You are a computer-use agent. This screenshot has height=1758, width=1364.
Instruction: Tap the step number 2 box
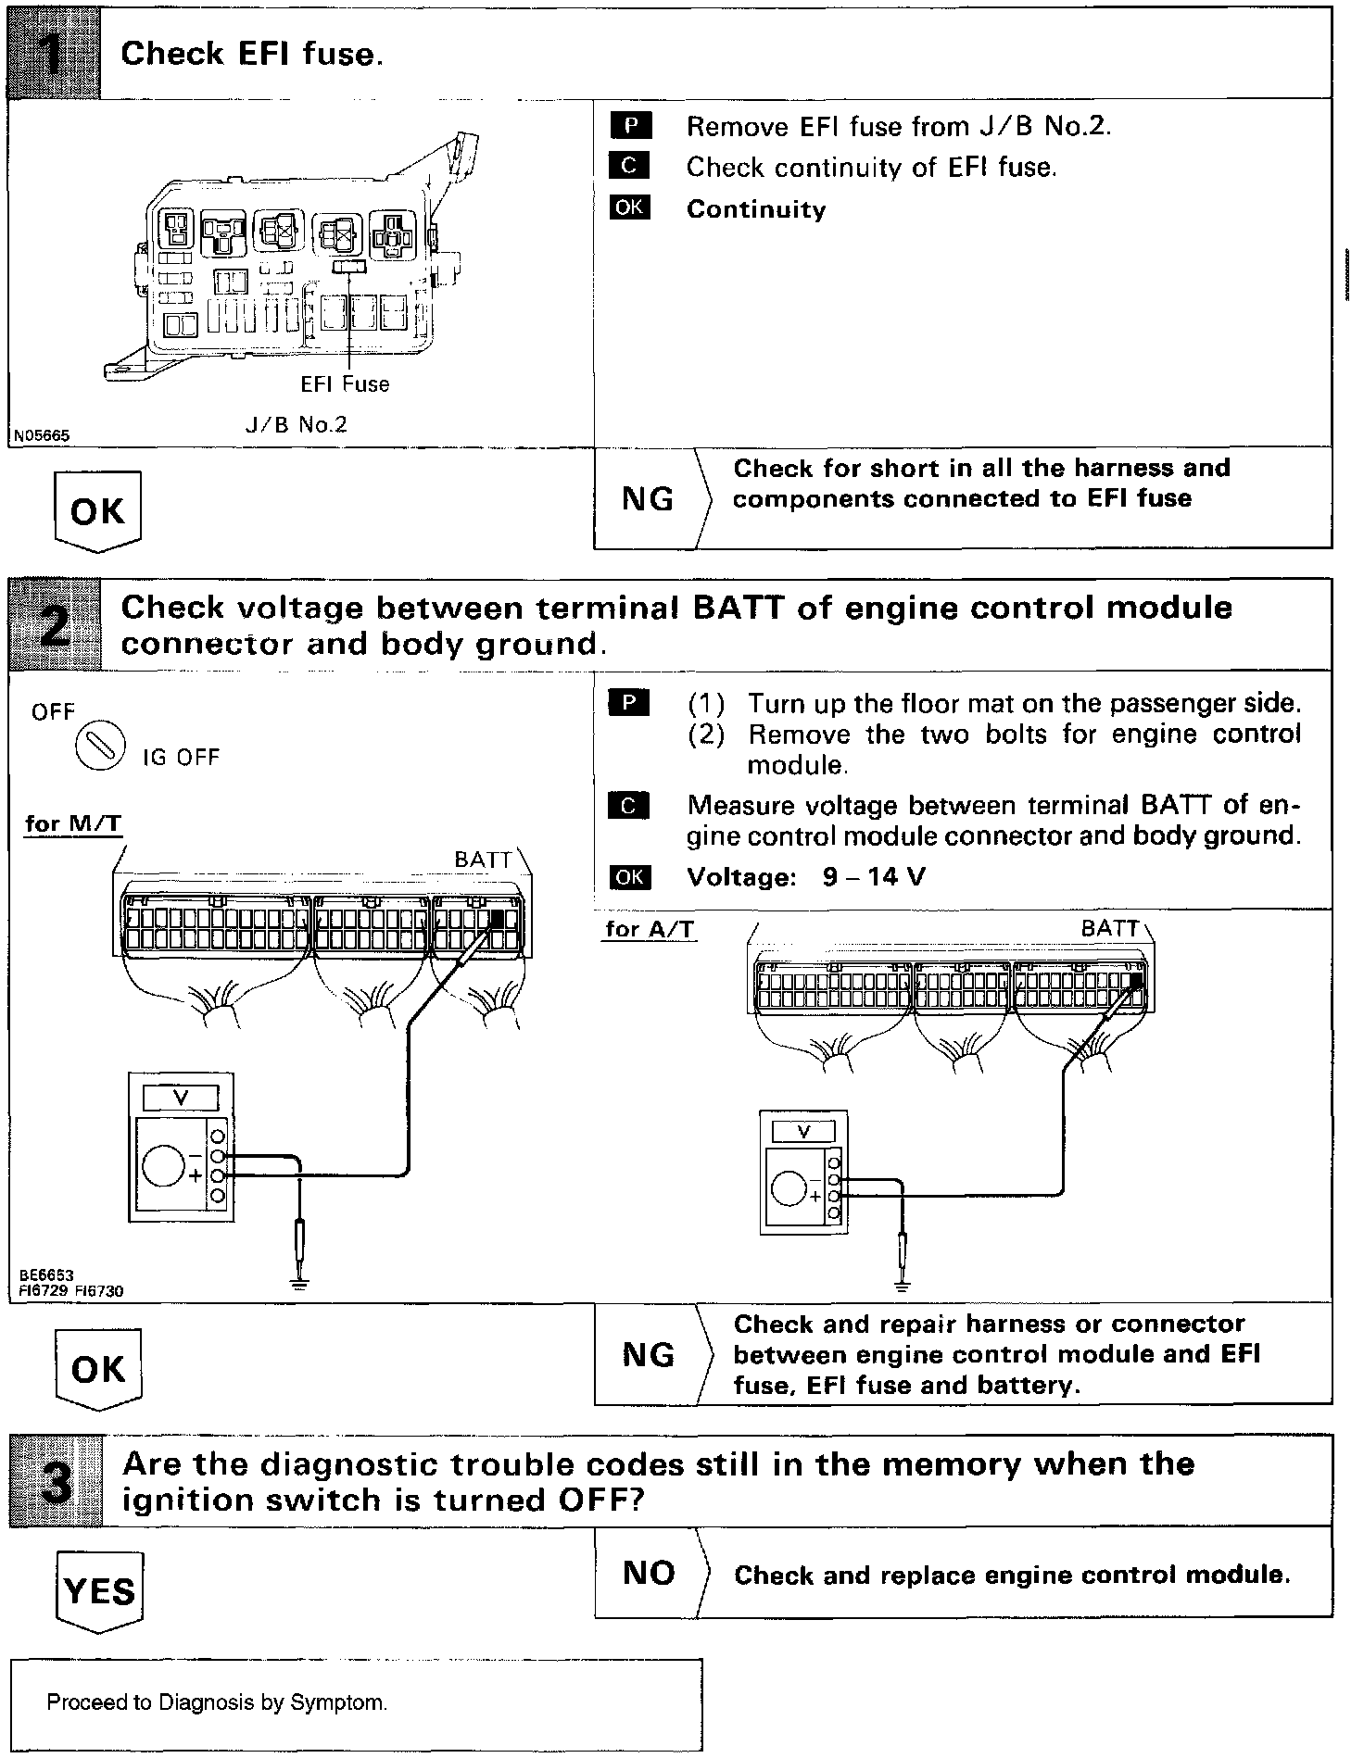pos(54,625)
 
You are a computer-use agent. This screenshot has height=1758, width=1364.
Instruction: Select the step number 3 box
pos(55,1481)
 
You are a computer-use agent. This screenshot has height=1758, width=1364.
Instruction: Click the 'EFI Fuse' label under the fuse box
pos(345,384)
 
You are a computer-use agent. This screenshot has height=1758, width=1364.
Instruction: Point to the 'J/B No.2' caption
pos(296,425)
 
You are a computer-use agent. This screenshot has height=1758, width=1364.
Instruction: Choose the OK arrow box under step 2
pos(97,1369)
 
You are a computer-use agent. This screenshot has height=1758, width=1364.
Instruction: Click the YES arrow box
pos(99,1591)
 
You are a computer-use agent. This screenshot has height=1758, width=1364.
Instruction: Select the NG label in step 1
pos(648,500)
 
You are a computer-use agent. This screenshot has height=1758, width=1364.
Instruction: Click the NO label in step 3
pos(649,1573)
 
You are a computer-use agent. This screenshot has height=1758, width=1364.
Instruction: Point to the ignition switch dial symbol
pos(100,745)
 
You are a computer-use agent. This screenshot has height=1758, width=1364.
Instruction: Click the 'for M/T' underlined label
pos(73,823)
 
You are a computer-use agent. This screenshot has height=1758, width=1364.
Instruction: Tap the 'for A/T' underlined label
pos(650,929)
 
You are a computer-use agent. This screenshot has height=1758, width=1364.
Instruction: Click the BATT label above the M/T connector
pos(483,860)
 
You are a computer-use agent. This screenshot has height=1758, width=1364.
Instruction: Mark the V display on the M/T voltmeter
pos(181,1098)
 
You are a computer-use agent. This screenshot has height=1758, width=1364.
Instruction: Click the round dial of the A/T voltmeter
pos(789,1189)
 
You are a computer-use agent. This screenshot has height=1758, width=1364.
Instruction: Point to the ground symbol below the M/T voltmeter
pos(299,1283)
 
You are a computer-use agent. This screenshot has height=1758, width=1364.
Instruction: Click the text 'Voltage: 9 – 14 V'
pos(805,877)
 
